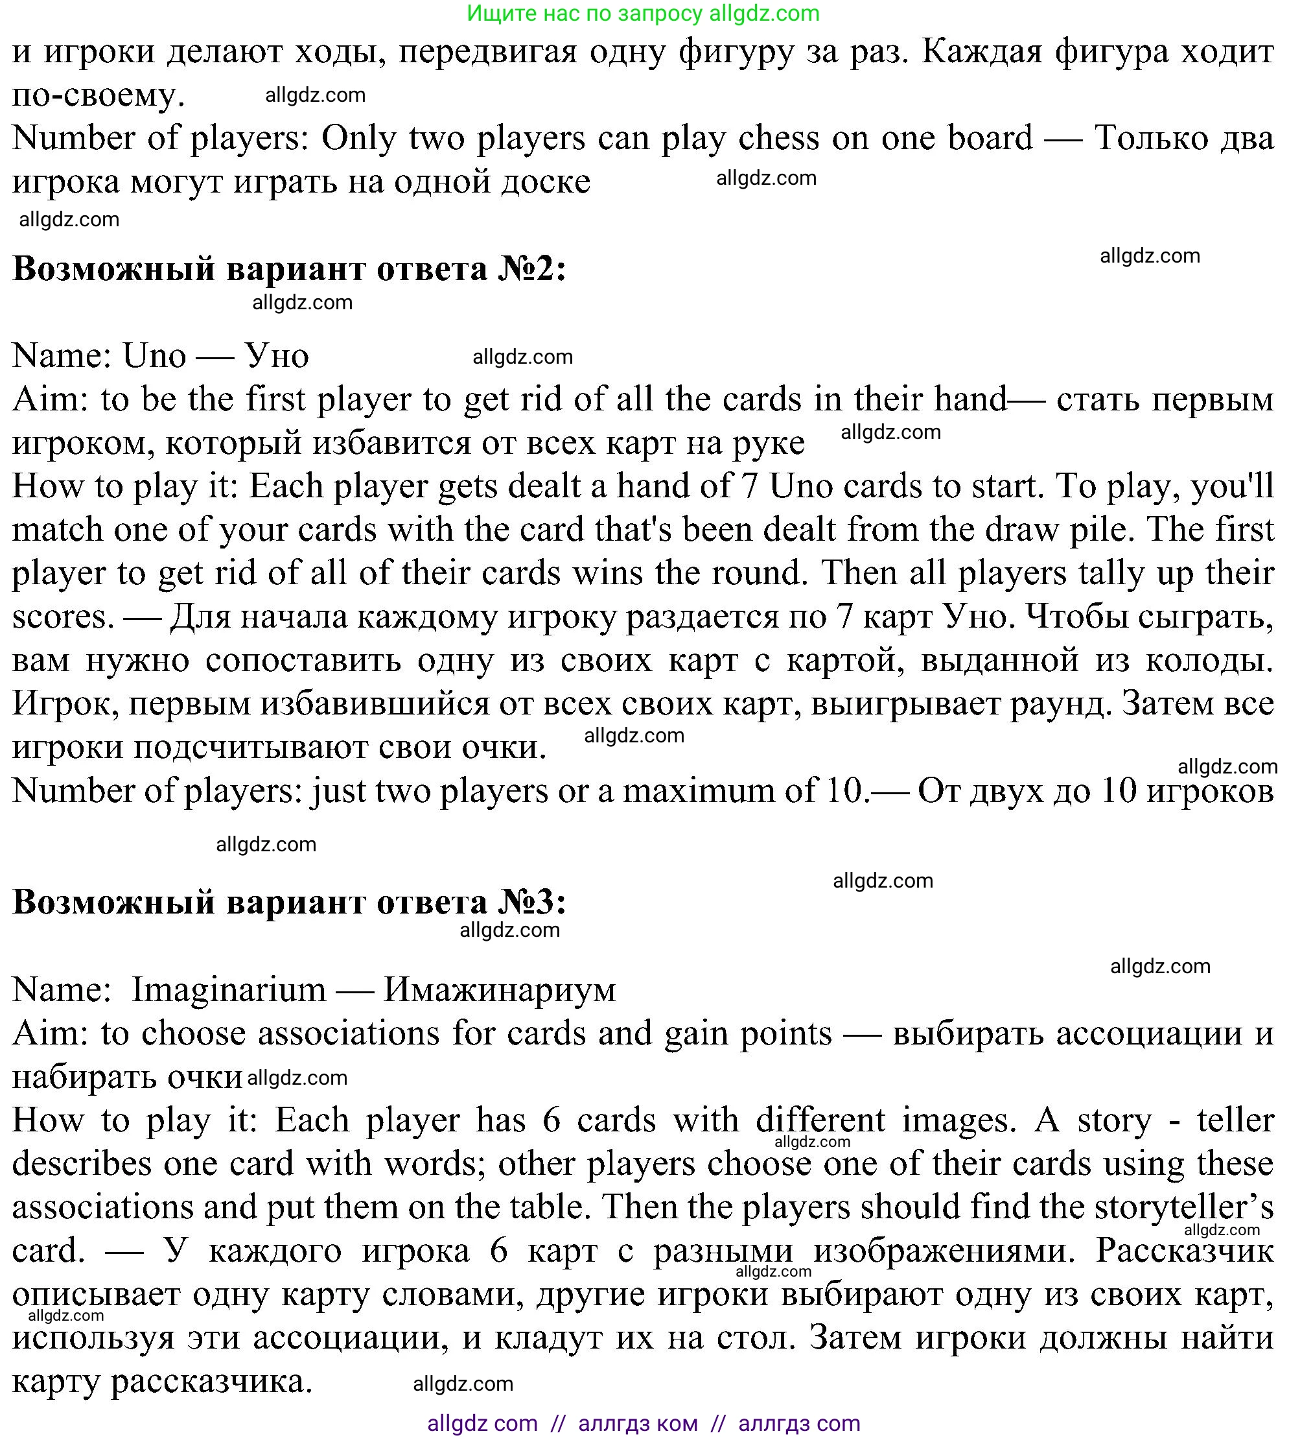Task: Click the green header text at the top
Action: [643, 13]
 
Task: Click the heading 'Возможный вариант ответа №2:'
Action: [289, 269]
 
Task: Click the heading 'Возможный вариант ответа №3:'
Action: [289, 902]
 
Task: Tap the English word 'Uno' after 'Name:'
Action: [154, 355]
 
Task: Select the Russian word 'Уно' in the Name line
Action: [277, 355]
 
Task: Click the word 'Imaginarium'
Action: [228, 989]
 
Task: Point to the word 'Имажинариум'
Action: [499, 989]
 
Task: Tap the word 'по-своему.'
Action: [99, 94]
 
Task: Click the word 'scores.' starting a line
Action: [63, 617]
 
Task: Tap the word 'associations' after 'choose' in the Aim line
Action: [349, 1033]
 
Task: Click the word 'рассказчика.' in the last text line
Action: [212, 1382]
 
